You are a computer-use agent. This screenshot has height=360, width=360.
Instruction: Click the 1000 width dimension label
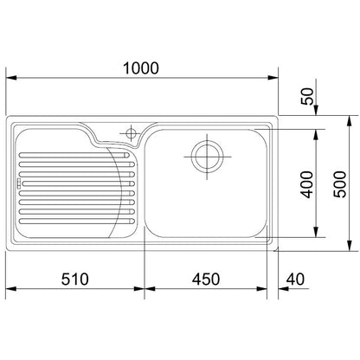pyautogui.click(x=141, y=68)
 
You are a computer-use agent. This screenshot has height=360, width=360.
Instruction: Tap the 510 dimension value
pyautogui.click(x=75, y=280)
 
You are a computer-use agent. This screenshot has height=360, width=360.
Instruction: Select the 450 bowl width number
pyautogui.click(x=206, y=280)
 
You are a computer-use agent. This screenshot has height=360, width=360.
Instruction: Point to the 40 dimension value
pyautogui.click(x=295, y=280)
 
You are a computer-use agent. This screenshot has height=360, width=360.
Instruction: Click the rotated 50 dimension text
pyautogui.click(x=307, y=96)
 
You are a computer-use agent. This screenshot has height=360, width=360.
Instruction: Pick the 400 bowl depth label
pyautogui.click(x=306, y=184)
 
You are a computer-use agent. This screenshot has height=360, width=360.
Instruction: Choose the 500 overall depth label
pyautogui.click(x=339, y=184)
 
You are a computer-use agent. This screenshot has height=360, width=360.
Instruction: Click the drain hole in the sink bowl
pyautogui.click(x=207, y=157)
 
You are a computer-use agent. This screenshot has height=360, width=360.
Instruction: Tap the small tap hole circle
pyautogui.click(x=132, y=133)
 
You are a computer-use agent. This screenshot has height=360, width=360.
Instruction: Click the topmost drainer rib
pyautogui.click(x=74, y=155)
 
